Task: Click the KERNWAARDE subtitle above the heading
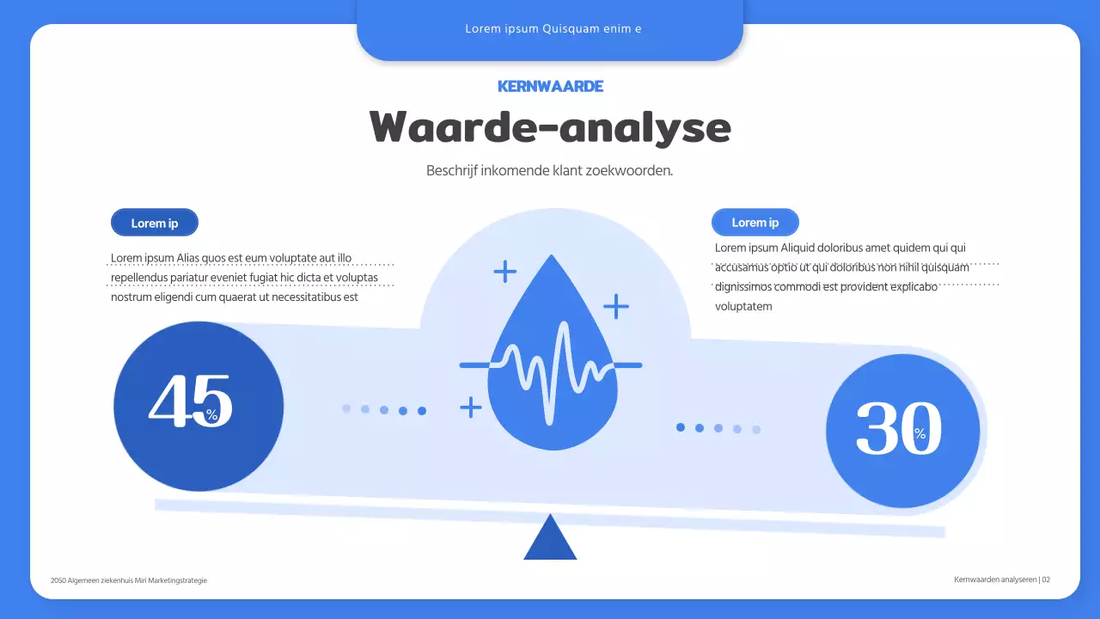[x=550, y=86]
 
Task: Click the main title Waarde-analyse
[x=550, y=127]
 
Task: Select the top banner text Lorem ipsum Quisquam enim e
[x=553, y=28]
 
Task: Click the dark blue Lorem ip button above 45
[x=155, y=223]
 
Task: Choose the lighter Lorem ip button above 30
[x=755, y=223]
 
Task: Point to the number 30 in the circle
[x=897, y=427]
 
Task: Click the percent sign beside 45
[x=212, y=415]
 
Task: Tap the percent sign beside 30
[x=920, y=434]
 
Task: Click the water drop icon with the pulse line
[x=551, y=361]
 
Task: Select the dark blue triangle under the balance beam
[x=550, y=540]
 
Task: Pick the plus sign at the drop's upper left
[x=504, y=272]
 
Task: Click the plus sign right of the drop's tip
[x=615, y=305]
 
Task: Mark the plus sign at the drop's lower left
[x=470, y=407]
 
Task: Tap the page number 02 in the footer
[x=1046, y=579]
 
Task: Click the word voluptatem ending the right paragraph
[x=743, y=306]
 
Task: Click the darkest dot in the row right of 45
[x=422, y=411]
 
